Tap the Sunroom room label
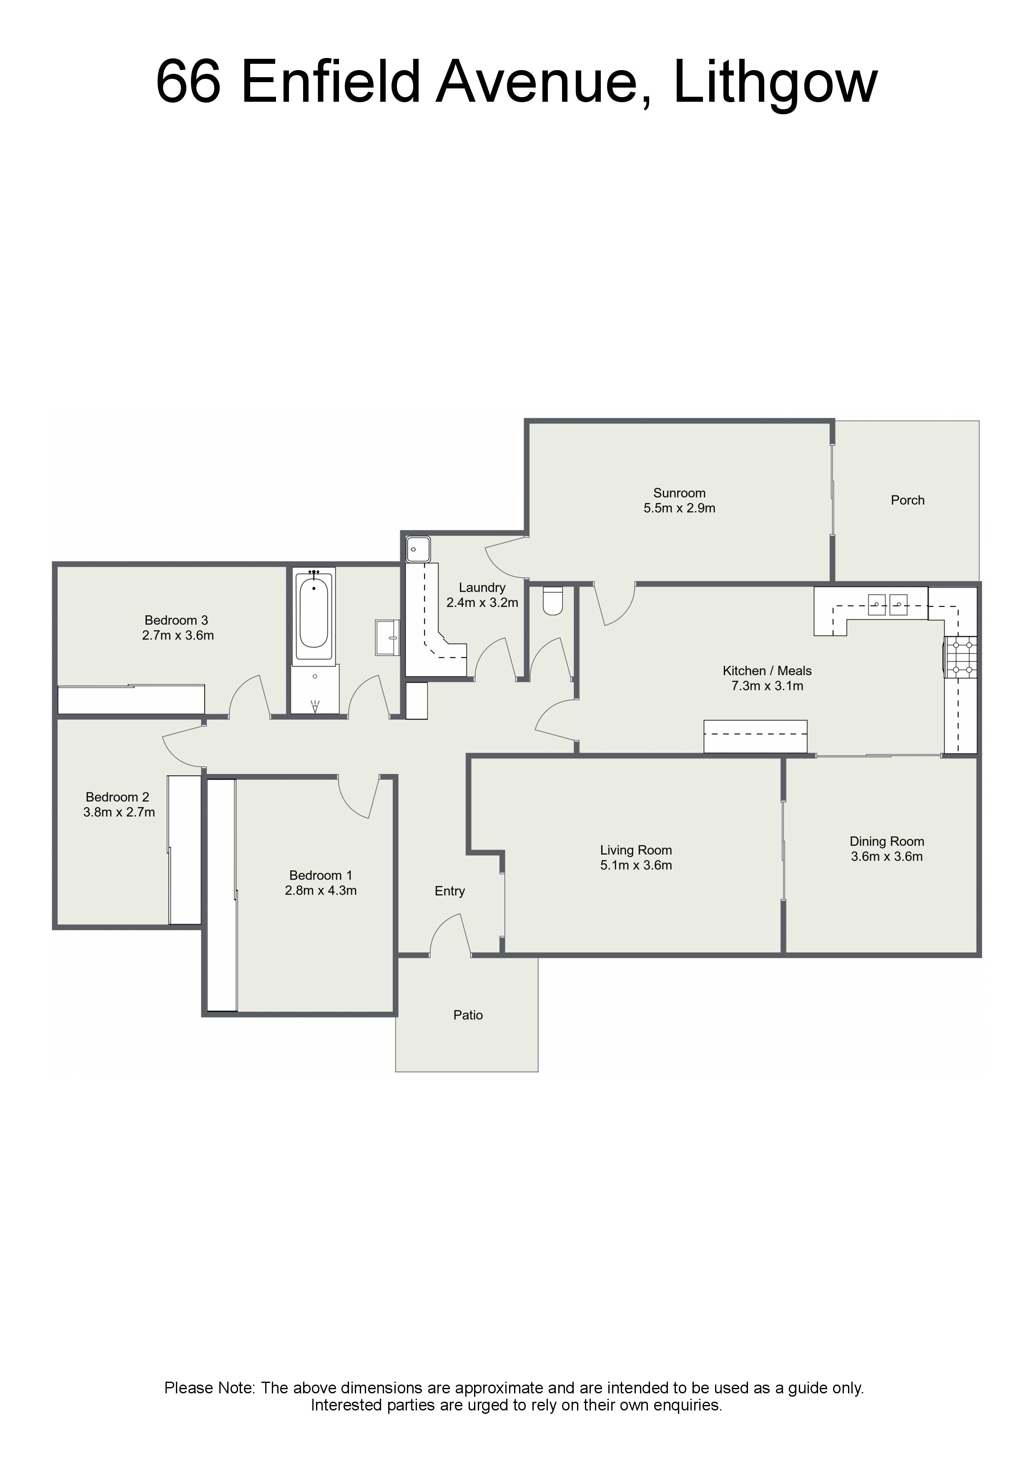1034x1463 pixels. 679,493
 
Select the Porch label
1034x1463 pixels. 907,500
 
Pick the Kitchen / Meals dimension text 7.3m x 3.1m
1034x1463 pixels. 767,686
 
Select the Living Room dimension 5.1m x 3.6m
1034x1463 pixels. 636,865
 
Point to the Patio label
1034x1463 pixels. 468,1015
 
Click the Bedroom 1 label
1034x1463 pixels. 321,875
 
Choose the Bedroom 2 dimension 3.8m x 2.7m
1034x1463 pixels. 119,812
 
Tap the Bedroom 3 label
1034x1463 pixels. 176,620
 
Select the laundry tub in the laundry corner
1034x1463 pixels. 419,549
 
